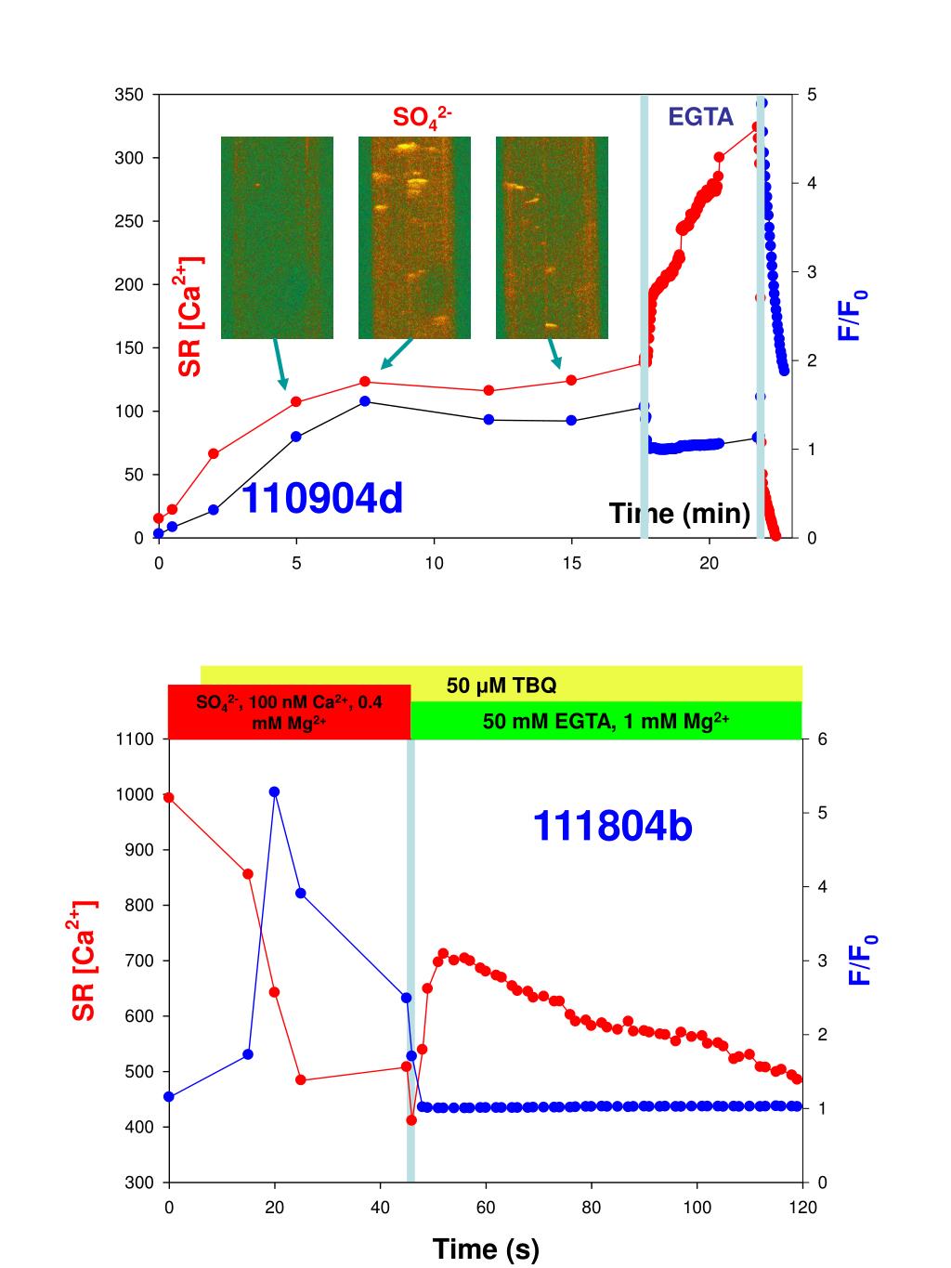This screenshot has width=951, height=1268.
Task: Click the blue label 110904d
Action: click(322, 500)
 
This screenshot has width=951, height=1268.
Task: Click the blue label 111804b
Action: click(612, 826)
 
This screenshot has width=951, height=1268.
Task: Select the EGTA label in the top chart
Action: click(701, 117)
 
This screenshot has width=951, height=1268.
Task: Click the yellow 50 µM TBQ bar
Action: click(502, 686)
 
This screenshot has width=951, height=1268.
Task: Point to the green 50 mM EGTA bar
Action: click(606, 721)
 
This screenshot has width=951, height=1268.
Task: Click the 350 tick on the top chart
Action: click(129, 95)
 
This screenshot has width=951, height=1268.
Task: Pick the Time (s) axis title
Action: click(485, 1249)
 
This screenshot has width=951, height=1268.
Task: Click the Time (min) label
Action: click(679, 513)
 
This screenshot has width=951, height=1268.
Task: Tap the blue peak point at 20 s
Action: click(275, 791)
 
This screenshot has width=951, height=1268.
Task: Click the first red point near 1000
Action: click(169, 797)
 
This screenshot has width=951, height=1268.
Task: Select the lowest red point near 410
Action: click(411, 1120)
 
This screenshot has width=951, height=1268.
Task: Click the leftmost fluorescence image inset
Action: click(277, 238)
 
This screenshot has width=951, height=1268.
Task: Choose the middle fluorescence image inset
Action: click(414, 238)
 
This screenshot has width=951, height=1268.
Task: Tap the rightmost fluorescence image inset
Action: click(552, 238)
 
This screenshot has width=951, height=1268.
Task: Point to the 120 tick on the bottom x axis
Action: click(802, 1208)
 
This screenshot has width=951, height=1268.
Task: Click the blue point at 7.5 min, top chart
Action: click(365, 401)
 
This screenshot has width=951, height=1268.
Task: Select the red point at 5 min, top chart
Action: click(296, 402)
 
